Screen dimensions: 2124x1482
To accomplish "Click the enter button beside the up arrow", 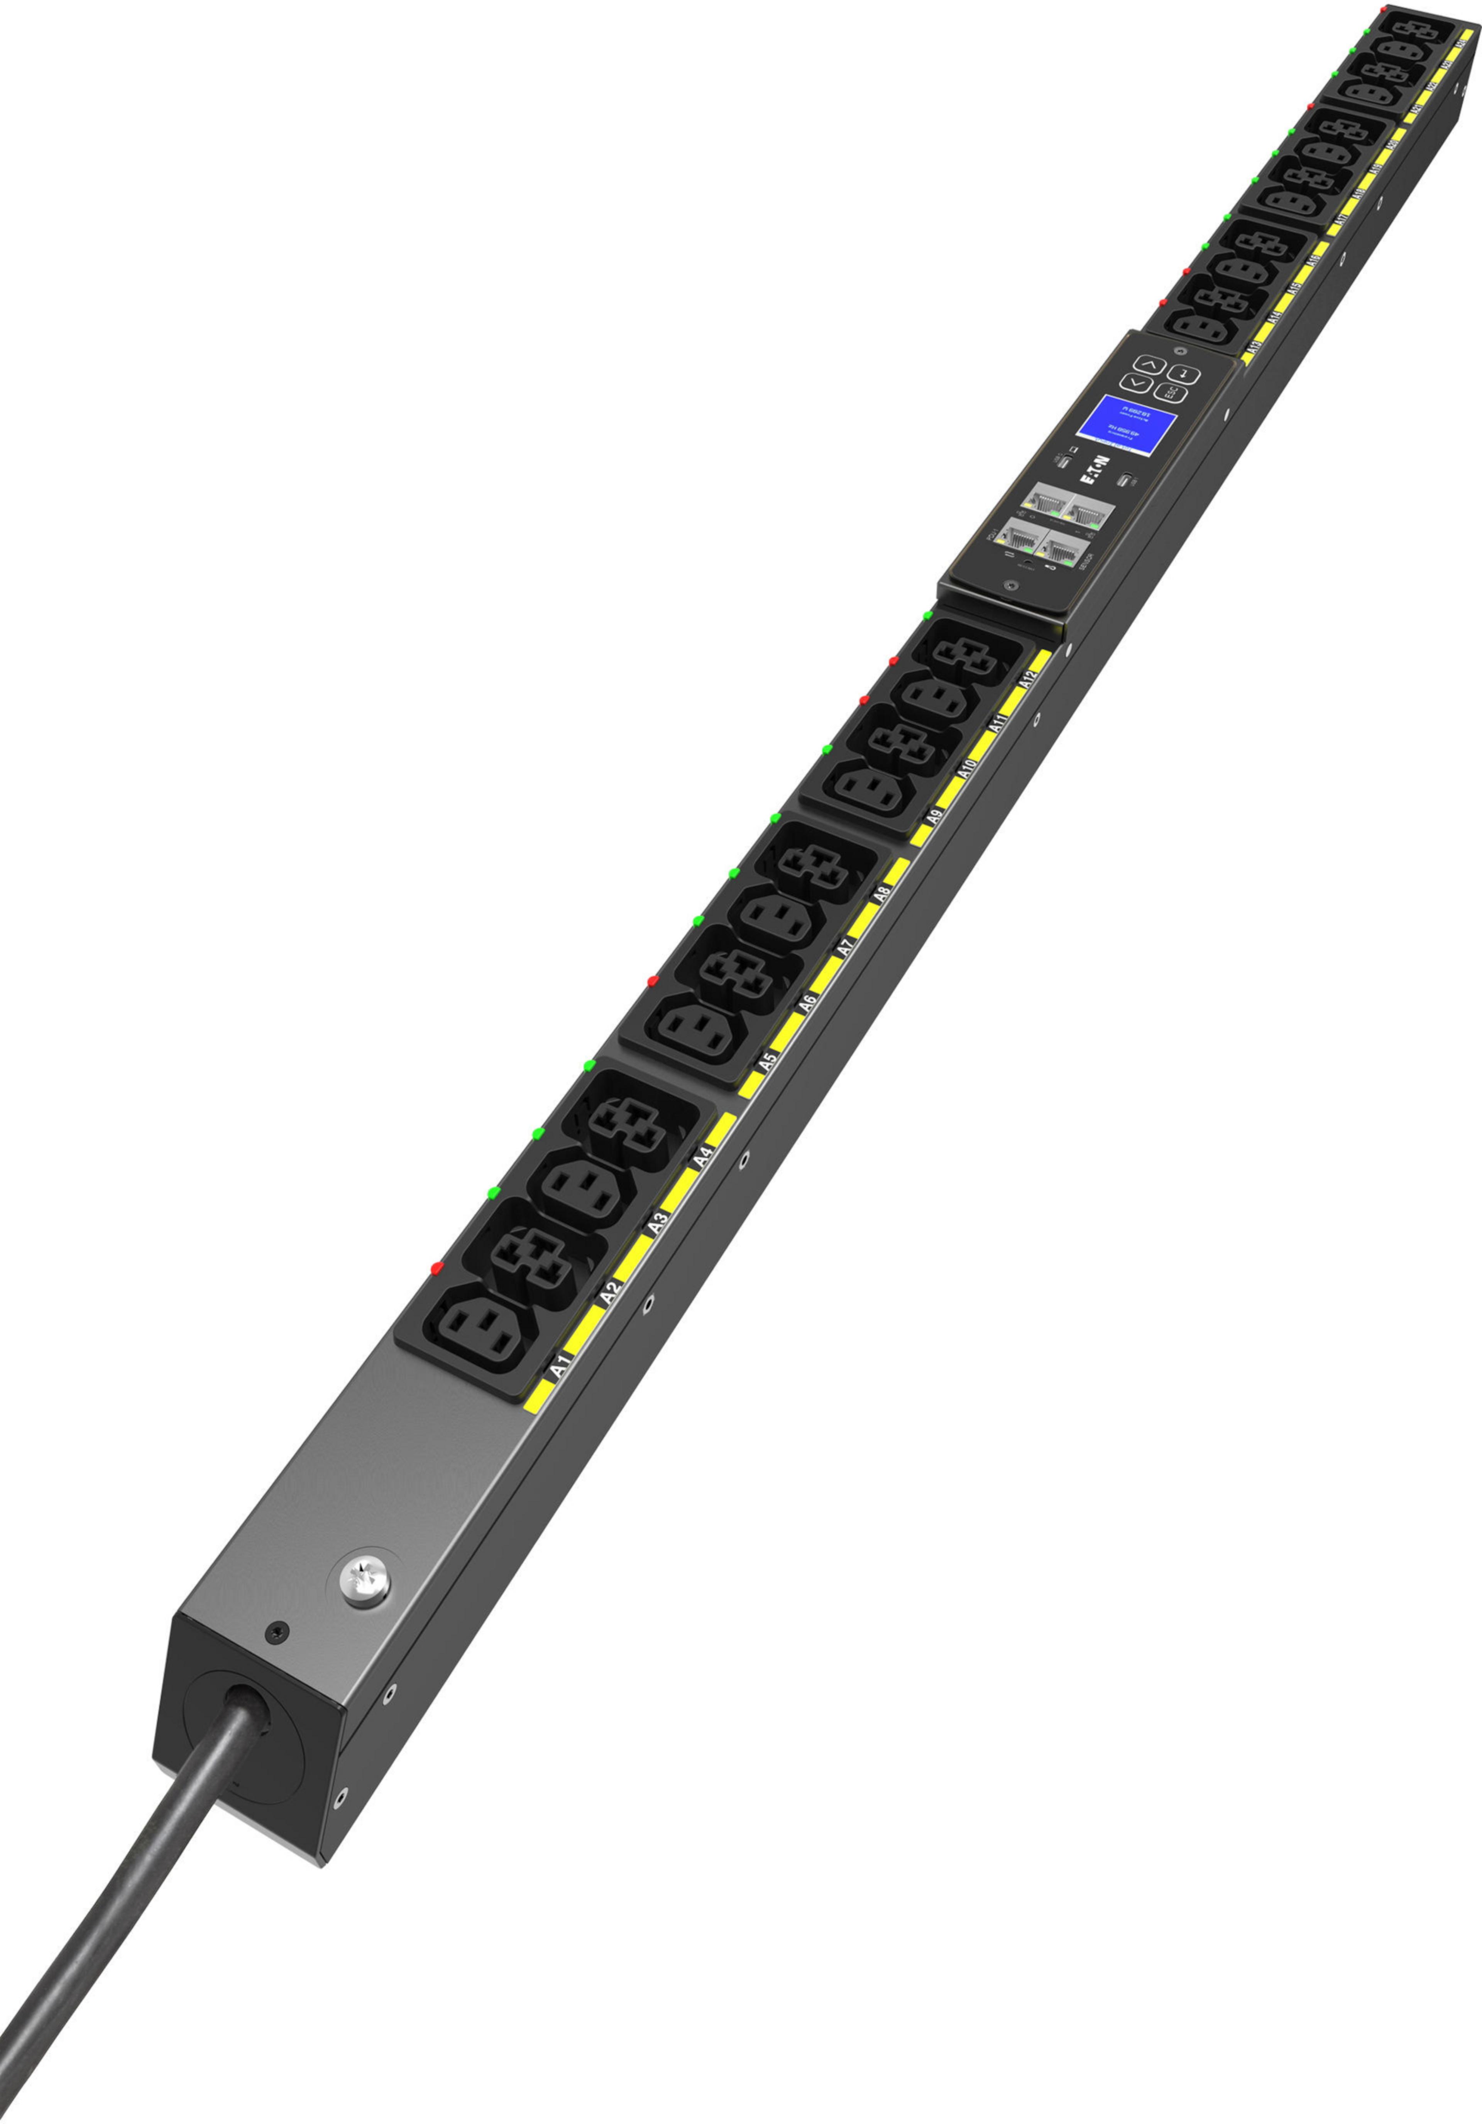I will pyautogui.click(x=1189, y=375).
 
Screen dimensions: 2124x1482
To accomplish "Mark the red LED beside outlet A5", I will pyautogui.click(x=652, y=979).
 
